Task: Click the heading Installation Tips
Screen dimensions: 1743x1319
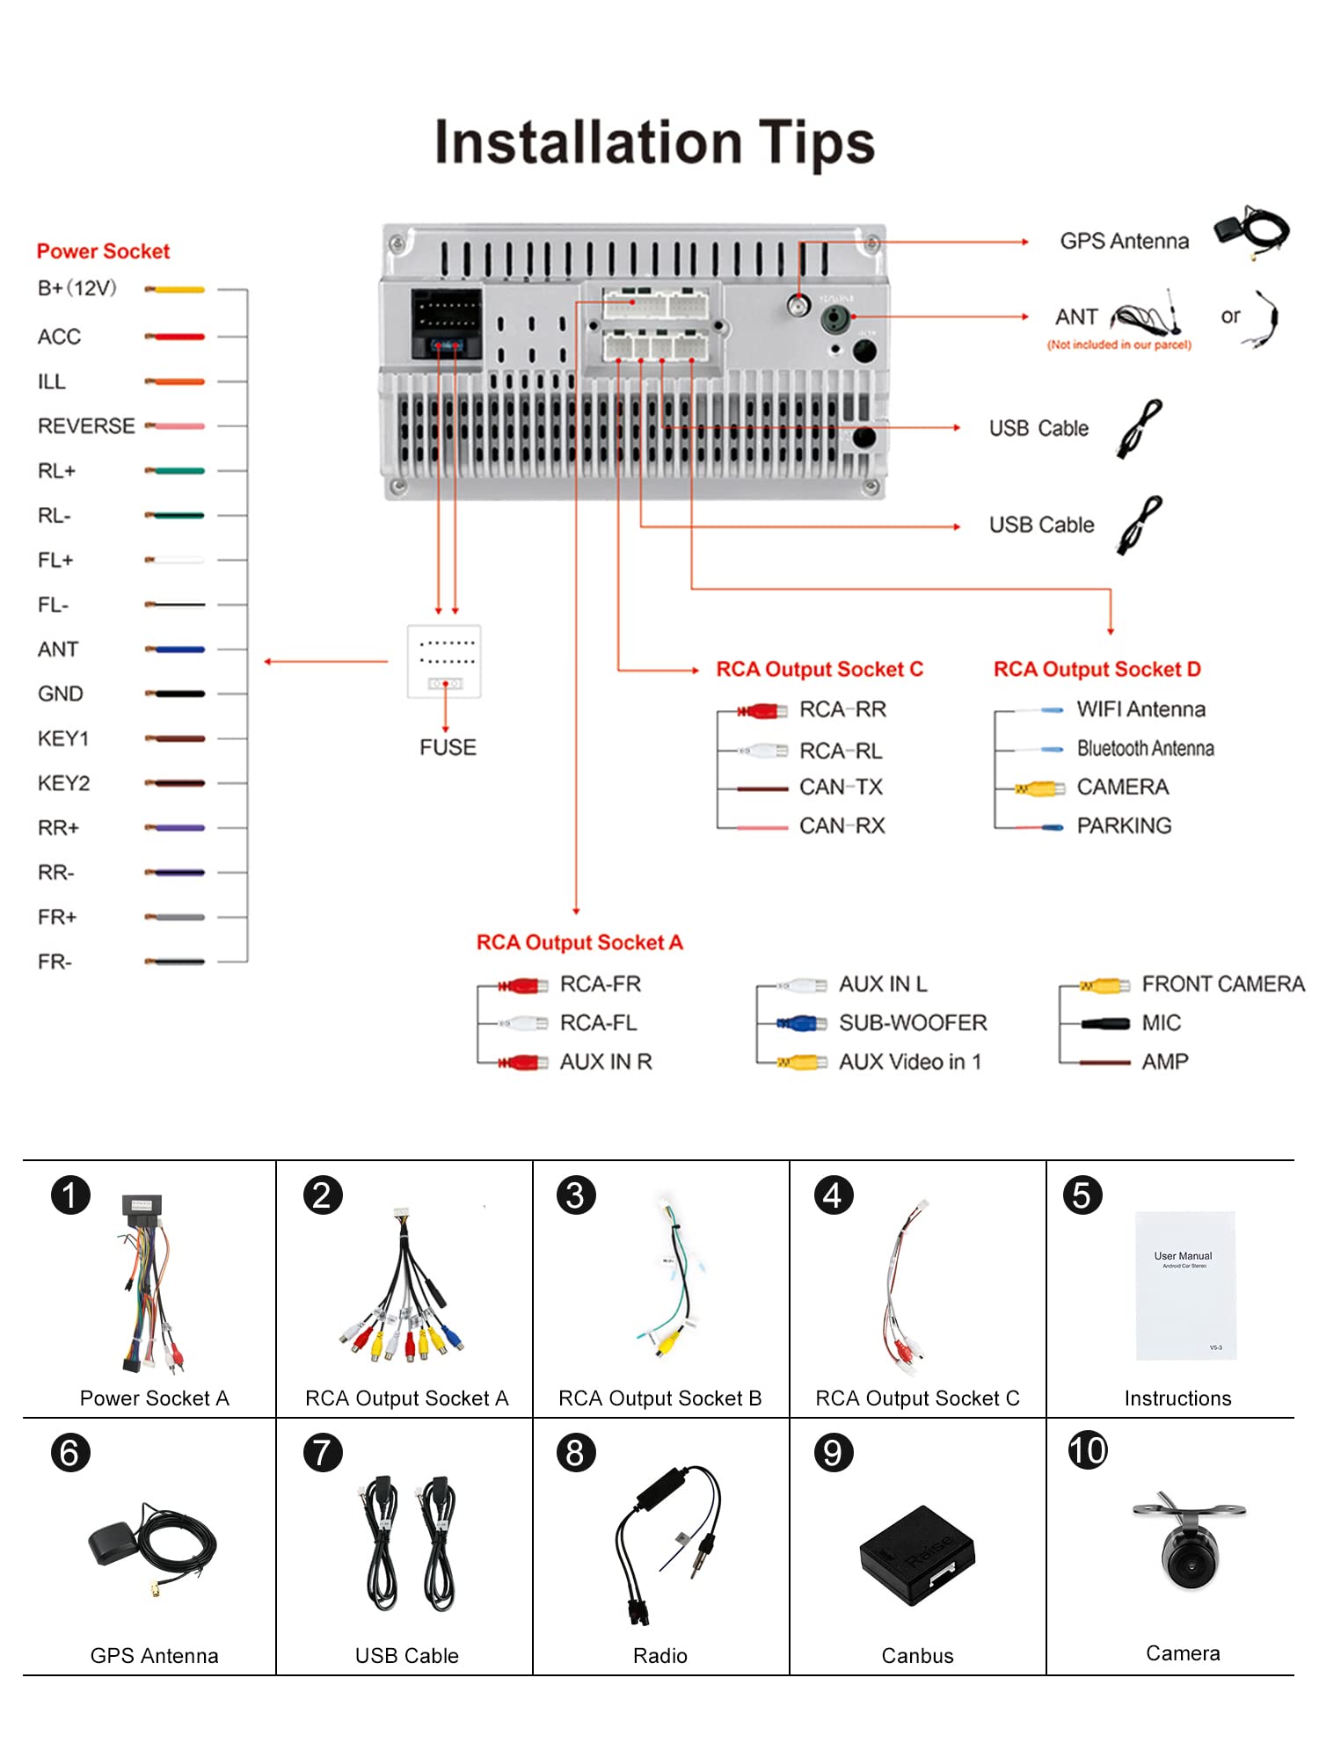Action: (655, 142)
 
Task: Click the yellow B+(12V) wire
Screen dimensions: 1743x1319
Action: (176, 289)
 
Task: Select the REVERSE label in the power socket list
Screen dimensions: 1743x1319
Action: (86, 426)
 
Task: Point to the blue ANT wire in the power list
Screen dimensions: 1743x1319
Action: (176, 650)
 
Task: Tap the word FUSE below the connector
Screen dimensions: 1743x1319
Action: (448, 748)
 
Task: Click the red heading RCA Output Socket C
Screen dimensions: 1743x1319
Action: (820, 670)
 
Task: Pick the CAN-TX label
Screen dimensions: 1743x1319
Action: (841, 788)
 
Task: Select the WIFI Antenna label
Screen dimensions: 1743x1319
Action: (1140, 709)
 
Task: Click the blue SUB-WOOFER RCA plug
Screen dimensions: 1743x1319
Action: (800, 1023)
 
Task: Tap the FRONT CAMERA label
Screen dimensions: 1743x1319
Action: (1222, 984)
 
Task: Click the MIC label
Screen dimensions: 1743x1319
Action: (1161, 1023)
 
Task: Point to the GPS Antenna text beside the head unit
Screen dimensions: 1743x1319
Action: (1124, 242)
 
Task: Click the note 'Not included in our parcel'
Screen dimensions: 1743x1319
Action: (1119, 345)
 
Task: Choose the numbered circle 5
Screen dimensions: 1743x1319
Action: (1082, 1196)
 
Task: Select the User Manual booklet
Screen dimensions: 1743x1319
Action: (1185, 1285)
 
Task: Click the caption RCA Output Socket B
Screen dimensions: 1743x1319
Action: (659, 1398)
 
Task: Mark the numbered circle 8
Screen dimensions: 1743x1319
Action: (576, 1453)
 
